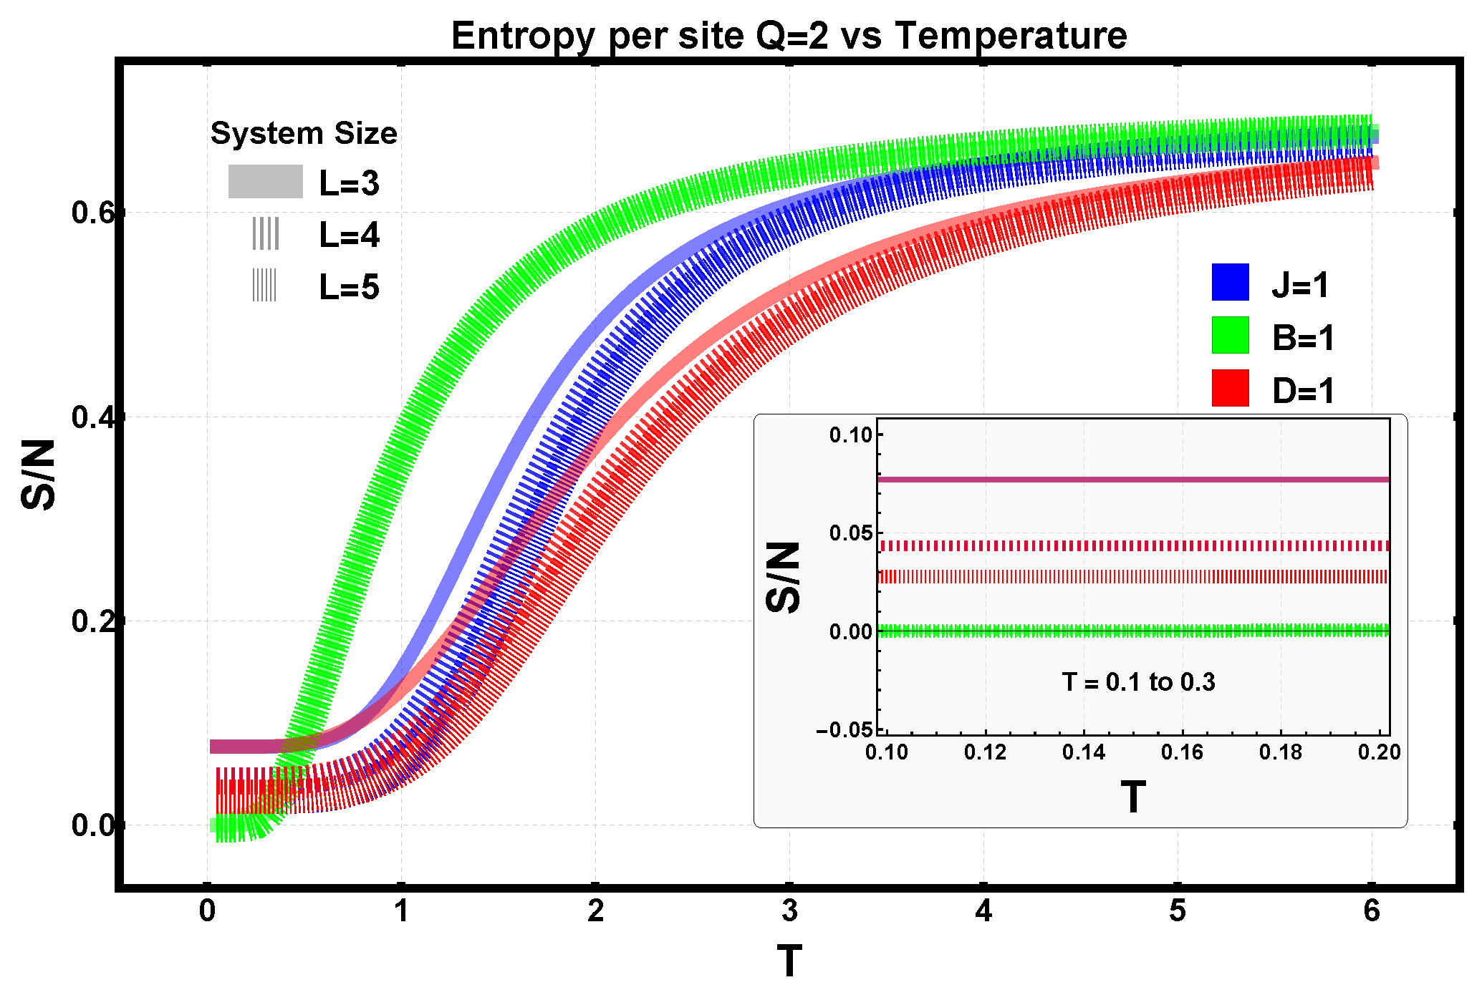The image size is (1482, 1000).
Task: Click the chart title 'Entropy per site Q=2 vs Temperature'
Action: pos(789,35)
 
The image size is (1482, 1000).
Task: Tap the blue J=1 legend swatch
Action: pos(1230,282)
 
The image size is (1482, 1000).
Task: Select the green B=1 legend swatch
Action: pos(1230,335)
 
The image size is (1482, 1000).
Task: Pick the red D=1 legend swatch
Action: pos(1230,388)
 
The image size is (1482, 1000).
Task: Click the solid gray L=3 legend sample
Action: pos(265,182)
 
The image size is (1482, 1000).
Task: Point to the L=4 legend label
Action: pos(349,235)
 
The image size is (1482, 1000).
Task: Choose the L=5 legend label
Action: pos(349,287)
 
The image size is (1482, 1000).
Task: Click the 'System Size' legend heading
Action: pos(304,133)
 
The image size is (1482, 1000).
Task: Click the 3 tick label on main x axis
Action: pos(789,911)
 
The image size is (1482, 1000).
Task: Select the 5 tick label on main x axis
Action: pos(1178,911)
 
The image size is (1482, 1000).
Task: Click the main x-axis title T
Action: pos(789,961)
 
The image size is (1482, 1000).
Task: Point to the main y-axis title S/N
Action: pos(39,475)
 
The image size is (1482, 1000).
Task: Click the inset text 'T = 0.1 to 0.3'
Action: pos(1138,682)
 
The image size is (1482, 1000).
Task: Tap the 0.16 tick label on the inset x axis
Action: pos(1182,752)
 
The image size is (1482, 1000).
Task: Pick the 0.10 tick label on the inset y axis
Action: pos(850,435)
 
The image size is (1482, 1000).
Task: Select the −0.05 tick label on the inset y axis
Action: pos(845,729)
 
